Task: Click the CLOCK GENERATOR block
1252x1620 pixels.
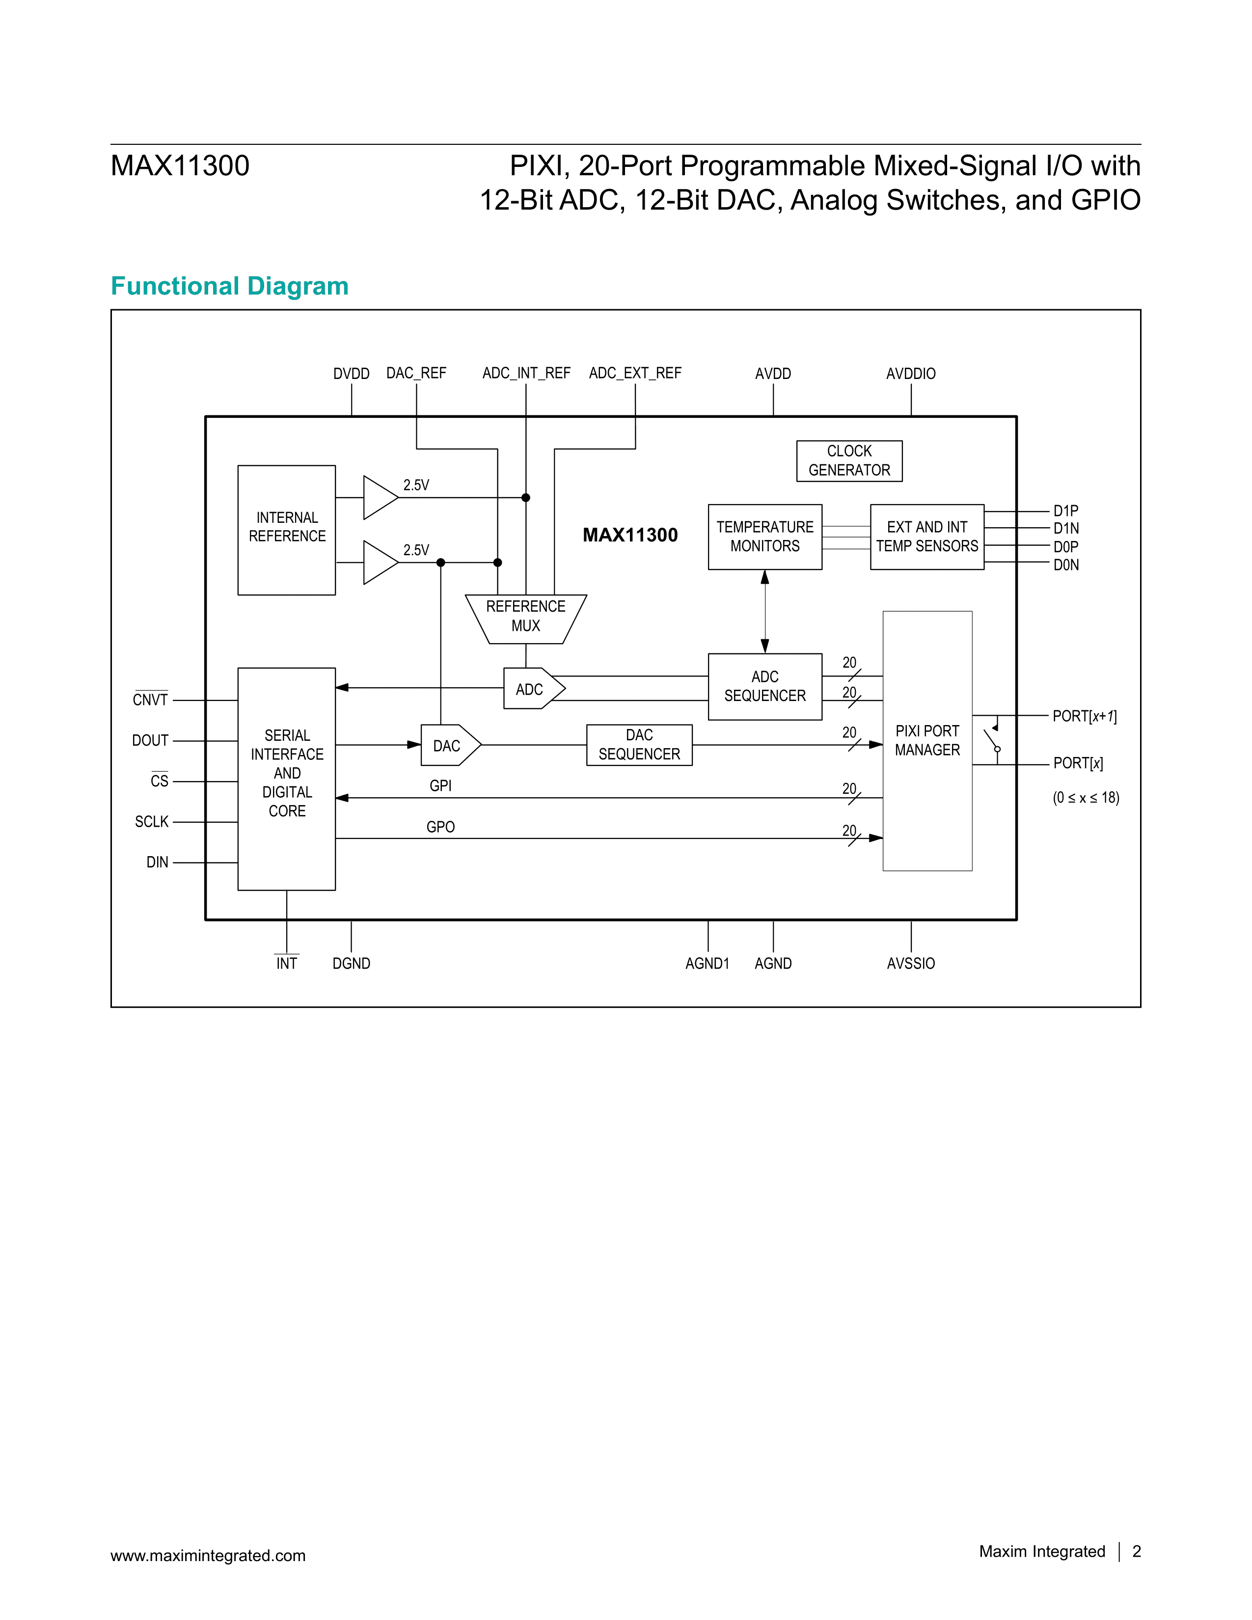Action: pos(849,460)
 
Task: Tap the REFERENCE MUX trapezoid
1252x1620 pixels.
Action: pos(526,617)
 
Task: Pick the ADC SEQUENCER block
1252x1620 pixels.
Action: pos(764,686)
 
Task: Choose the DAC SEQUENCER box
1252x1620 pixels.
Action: pos(639,745)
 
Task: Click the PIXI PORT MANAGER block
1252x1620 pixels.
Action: pos(927,740)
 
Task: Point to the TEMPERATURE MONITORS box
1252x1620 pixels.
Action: pos(764,536)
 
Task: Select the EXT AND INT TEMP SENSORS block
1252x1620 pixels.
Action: pos(926,536)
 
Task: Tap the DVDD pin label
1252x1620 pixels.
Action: pos(351,374)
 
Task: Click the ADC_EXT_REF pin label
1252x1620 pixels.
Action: pos(635,373)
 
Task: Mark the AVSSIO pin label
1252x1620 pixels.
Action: pos(911,964)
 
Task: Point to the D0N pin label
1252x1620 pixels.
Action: pos(1066,565)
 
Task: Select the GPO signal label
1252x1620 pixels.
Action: pos(440,827)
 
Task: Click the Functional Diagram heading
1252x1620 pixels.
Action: pos(229,286)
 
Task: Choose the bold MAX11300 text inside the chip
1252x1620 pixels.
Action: pos(630,535)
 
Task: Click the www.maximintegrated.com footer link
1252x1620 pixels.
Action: pos(208,1556)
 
